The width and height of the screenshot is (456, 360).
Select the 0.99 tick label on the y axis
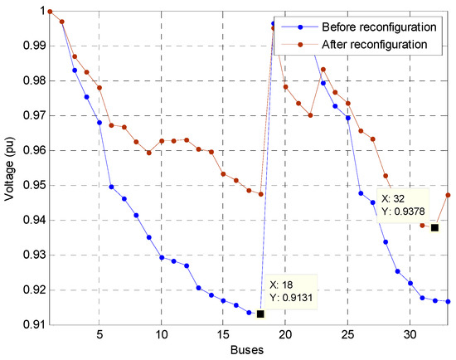[29, 46]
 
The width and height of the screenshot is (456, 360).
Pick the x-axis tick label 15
[223, 336]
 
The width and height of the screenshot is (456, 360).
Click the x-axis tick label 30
[410, 336]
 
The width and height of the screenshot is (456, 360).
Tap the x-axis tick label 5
[99, 336]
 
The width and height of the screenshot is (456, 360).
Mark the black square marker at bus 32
[434, 227]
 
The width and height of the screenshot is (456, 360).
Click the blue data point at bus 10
[162, 257]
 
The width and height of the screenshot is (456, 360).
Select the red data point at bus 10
[162, 141]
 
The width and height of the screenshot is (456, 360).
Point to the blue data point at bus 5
[99, 123]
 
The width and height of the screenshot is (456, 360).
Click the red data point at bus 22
[311, 115]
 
